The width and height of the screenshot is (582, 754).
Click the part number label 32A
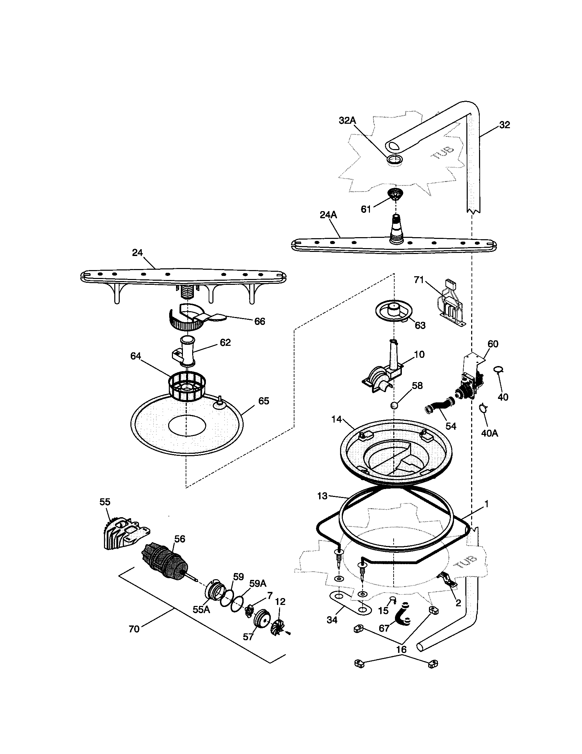point(347,121)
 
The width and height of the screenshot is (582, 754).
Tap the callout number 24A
point(328,215)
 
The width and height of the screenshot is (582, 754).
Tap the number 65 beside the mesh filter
point(263,401)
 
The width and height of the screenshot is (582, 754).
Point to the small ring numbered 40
point(498,370)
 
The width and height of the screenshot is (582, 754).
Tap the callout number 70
point(134,629)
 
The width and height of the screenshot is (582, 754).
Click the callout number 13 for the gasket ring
point(322,496)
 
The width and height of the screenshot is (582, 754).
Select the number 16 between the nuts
point(401,649)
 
